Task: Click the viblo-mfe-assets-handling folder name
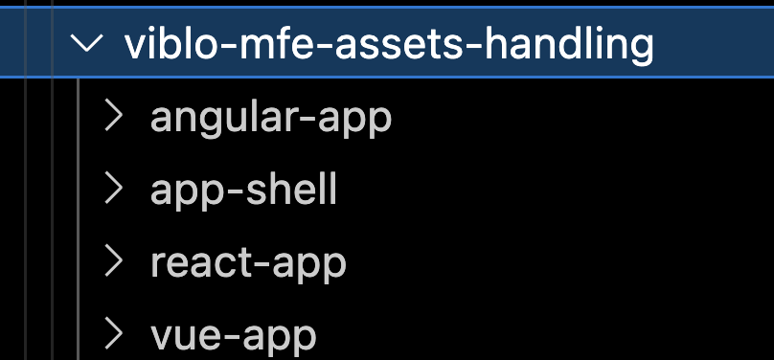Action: tap(389, 45)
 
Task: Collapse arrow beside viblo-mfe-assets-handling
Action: tap(88, 44)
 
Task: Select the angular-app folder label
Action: tap(271, 118)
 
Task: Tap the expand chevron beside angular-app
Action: tap(114, 117)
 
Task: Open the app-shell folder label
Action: tap(243, 190)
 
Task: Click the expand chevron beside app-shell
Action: tap(114, 189)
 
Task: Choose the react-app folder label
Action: tap(248, 261)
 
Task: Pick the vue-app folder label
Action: tap(233, 334)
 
